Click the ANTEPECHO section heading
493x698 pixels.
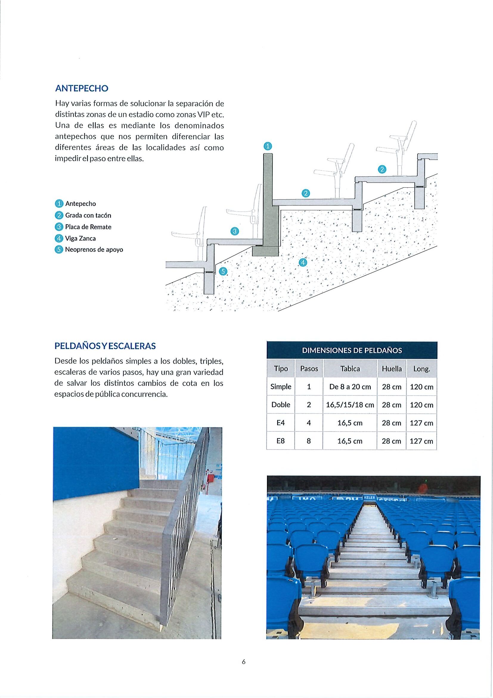coord(81,89)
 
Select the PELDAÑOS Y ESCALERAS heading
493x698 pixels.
coord(105,346)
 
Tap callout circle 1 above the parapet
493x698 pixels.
coord(267,146)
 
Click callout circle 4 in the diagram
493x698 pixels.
coord(303,262)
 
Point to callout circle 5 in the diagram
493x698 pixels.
coord(223,272)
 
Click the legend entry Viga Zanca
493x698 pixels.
coord(80,238)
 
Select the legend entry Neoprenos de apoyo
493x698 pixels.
coord(94,250)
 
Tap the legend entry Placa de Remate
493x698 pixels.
coord(88,227)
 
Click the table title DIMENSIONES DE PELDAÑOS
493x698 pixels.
coord(352,350)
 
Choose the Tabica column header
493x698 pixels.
coord(350,369)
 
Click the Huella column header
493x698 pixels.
coord(392,369)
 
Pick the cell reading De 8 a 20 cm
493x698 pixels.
coord(350,387)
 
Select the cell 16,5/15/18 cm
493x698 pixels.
coord(350,405)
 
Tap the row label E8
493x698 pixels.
coord(280,441)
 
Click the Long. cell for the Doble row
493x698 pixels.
coord(421,405)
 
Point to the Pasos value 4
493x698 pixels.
coord(308,423)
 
